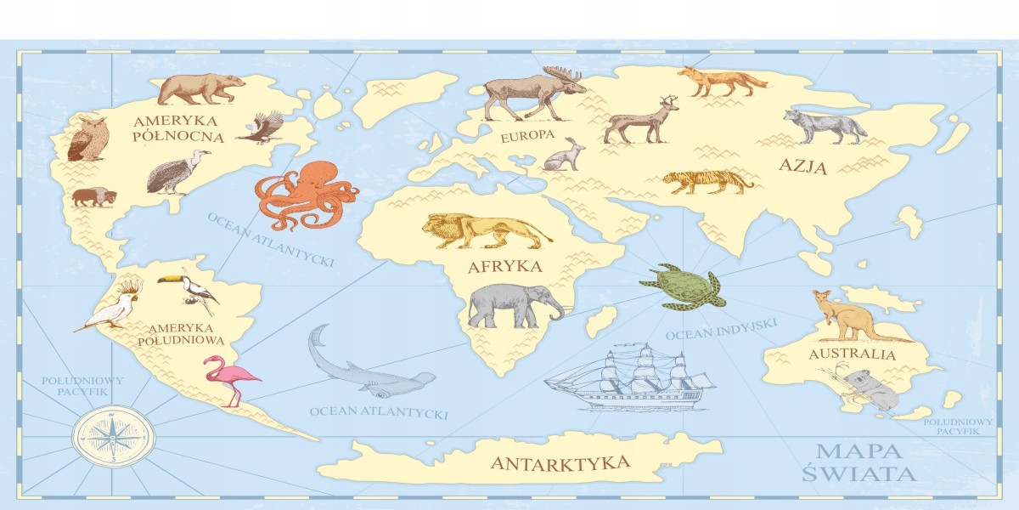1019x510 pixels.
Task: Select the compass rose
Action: pyautogui.click(x=113, y=436)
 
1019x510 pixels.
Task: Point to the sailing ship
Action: pyautogui.click(x=631, y=378)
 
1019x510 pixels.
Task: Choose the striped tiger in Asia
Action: pyautogui.click(x=707, y=180)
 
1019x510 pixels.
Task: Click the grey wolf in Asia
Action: pyautogui.click(x=824, y=126)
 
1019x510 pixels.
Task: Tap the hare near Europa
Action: pyautogui.click(x=563, y=155)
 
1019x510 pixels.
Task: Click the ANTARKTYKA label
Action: pyautogui.click(x=560, y=463)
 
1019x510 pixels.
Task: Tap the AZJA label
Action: pyautogui.click(x=802, y=167)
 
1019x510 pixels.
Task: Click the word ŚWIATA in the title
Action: pyautogui.click(x=859, y=473)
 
